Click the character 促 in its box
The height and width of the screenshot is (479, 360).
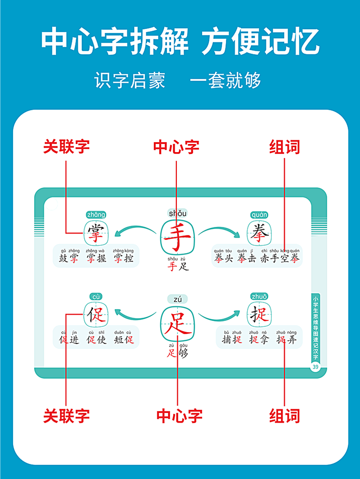(96, 315)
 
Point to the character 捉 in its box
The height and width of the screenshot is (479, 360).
(260, 315)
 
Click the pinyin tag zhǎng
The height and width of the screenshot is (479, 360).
(96, 215)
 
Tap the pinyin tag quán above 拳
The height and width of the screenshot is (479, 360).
(260, 215)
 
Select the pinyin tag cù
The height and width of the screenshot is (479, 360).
(96, 297)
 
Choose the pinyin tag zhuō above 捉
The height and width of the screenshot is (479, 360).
(260, 297)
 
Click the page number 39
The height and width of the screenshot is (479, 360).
(315, 368)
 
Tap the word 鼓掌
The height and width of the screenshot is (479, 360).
(69, 258)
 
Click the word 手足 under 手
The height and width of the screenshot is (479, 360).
(177, 266)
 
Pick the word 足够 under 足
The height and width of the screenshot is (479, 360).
(177, 352)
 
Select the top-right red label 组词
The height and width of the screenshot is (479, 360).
(284, 147)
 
